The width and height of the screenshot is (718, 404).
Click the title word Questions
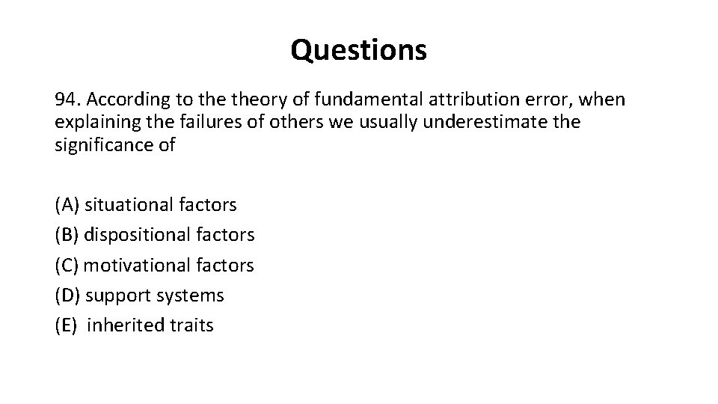359,50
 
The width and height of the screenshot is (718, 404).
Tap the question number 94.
68,100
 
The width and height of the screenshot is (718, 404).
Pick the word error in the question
505,100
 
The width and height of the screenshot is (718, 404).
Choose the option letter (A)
67,204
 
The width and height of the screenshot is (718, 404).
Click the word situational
129,204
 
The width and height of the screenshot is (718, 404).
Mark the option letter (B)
67,235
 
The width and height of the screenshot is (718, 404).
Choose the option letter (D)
68,296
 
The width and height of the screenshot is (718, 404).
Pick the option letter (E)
67,325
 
